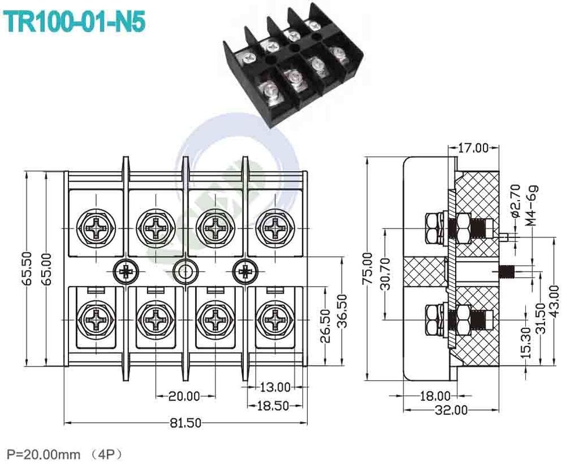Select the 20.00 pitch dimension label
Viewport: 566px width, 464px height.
point(184,396)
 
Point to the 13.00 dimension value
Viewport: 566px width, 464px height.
point(275,386)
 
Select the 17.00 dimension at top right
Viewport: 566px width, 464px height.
point(473,148)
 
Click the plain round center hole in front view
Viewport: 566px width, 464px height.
point(186,270)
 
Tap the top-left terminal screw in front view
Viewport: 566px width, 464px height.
point(95,225)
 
